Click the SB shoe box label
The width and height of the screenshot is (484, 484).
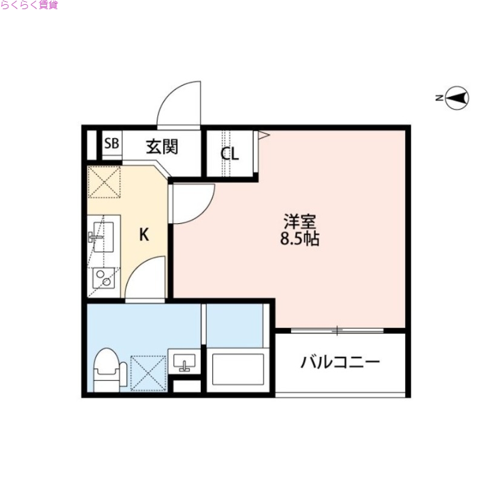pos(112,145)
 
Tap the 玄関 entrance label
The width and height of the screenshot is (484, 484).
pos(161,146)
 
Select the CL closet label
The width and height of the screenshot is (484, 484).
pos(229,154)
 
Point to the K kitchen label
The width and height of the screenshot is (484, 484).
pos(144,234)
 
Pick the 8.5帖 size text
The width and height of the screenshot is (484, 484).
pos(299,239)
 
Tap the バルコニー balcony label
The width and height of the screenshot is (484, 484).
pos(341,362)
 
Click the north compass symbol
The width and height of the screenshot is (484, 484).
pos(457,98)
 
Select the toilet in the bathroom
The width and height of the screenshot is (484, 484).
pos(108,369)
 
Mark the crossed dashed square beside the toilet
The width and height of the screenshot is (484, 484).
pos(148,372)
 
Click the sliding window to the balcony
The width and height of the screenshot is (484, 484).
pos(337,330)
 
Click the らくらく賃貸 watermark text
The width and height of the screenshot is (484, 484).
pos(29,5)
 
